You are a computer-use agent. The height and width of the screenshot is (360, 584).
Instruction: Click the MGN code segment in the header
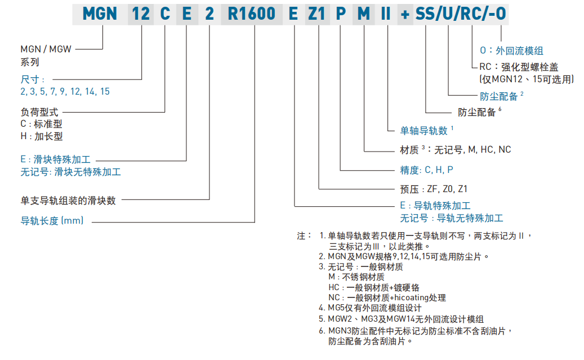click(x=100, y=14)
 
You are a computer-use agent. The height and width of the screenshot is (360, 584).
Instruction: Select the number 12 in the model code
click(x=141, y=14)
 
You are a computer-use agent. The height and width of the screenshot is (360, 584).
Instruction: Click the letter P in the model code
click(x=341, y=14)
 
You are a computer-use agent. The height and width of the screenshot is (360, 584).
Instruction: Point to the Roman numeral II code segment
click(x=386, y=14)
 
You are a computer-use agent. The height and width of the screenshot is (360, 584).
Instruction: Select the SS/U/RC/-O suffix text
click(x=460, y=14)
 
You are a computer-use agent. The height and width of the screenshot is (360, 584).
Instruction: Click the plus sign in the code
click(x=405, y=14)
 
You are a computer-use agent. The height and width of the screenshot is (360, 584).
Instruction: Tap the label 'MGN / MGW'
click(x=46, y=50)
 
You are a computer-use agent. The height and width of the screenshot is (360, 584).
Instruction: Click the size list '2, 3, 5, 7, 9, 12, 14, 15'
click(x=65, y=91)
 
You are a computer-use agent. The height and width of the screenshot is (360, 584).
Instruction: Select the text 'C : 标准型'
click(x=41, y=124)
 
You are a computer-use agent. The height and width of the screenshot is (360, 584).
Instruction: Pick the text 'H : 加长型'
click(x=41, y=136)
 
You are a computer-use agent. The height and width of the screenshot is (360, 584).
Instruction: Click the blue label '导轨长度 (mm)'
click(x=52, y=221)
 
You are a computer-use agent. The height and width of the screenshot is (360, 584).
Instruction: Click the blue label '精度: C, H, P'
click(x=427, y=170)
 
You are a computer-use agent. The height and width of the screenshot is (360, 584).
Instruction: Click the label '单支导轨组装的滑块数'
click(x=68, y=200)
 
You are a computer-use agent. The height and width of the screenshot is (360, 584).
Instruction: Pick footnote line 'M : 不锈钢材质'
click(x=356, y=277)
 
